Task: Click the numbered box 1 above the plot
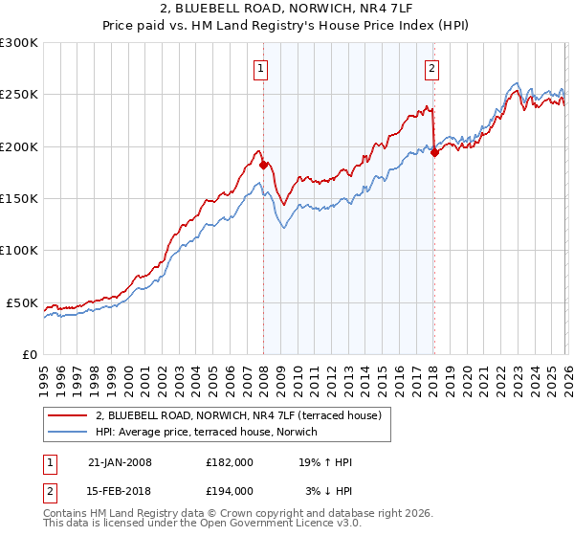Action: (260, 68)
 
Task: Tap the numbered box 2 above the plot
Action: (432, 68)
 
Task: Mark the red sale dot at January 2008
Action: (263, 165)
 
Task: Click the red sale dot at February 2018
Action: (434, 152)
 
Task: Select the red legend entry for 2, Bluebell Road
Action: (238, 415)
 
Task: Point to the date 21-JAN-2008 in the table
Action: (120, 462)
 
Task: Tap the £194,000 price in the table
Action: (230, 490)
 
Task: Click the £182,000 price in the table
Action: (230, 462)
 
